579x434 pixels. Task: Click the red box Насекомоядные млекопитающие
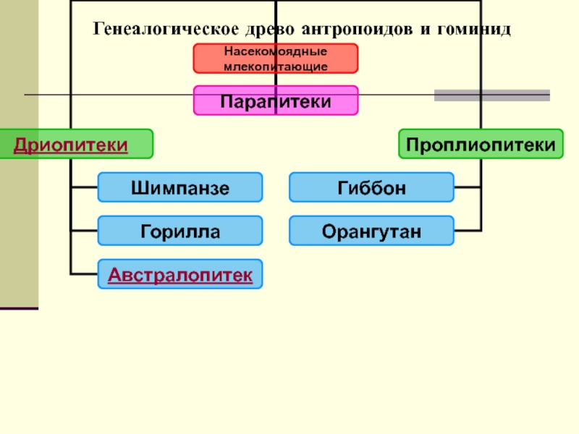click(275, 59)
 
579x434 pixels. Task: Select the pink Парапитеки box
click(275, 101)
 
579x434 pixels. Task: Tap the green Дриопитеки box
click(76, 144)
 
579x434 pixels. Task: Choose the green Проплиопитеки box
click(481, 144)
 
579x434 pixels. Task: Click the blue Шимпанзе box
click(180, 187)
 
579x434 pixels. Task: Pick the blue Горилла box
click(180, 231)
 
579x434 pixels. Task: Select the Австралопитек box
click(180, 274)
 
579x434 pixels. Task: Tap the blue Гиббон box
click(371, 187)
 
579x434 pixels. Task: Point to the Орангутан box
click(371, 231)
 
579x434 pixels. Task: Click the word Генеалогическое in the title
click(157, 30)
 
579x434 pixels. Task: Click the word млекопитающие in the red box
click(275, 66)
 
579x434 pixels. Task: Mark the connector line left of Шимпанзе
click(84, 187)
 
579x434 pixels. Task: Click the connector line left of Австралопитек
click(84, 274)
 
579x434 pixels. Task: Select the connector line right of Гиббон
click(468, 187)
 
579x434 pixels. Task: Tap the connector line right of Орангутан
click(468, 231)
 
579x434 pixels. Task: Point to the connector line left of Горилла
click(84, 231)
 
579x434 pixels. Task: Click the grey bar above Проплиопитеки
click(491, 95)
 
